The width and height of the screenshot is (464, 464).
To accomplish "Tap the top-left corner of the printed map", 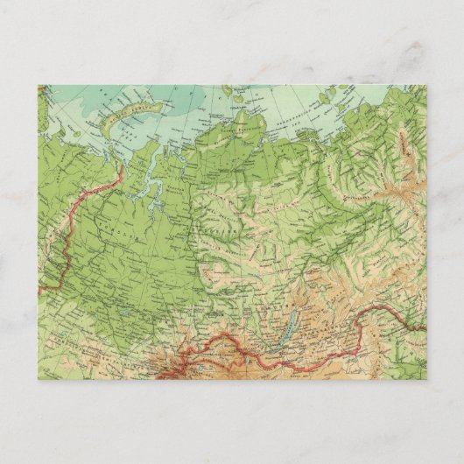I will tap(39, 86).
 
